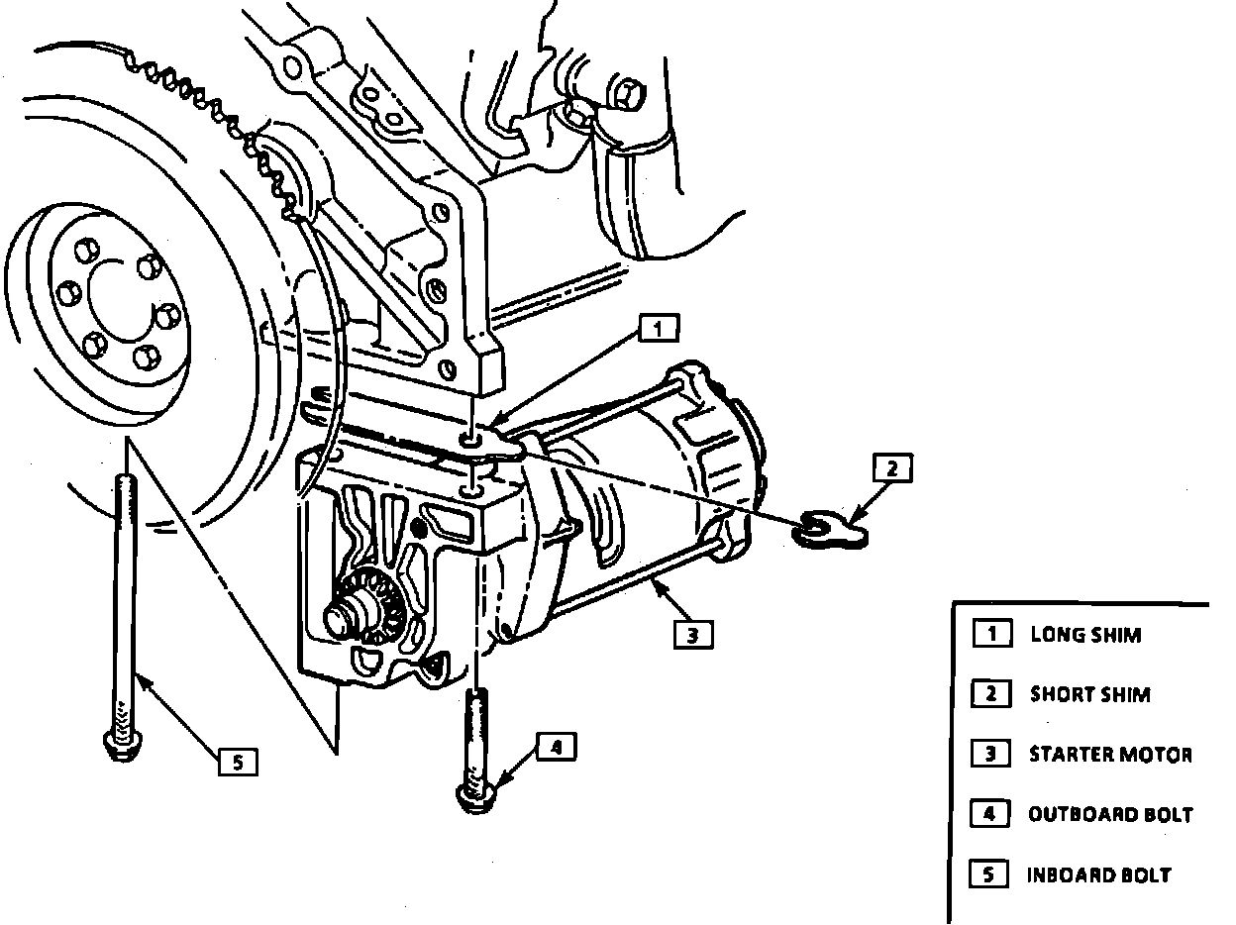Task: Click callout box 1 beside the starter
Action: pos(659,328)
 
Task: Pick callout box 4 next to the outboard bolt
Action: pos(556,748)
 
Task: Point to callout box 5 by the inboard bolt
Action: pos(238,762)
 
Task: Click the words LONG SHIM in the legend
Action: pos(1085,635)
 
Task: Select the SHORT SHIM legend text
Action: pos(1089,694)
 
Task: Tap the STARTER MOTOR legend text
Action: pos(1110,755)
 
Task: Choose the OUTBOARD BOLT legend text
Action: pos(1110,815)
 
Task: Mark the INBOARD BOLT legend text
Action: pos(1098,875)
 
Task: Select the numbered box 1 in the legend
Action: pos(990,634)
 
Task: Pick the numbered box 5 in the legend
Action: pos(990,874)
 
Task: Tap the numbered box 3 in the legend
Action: pos(990,755)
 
